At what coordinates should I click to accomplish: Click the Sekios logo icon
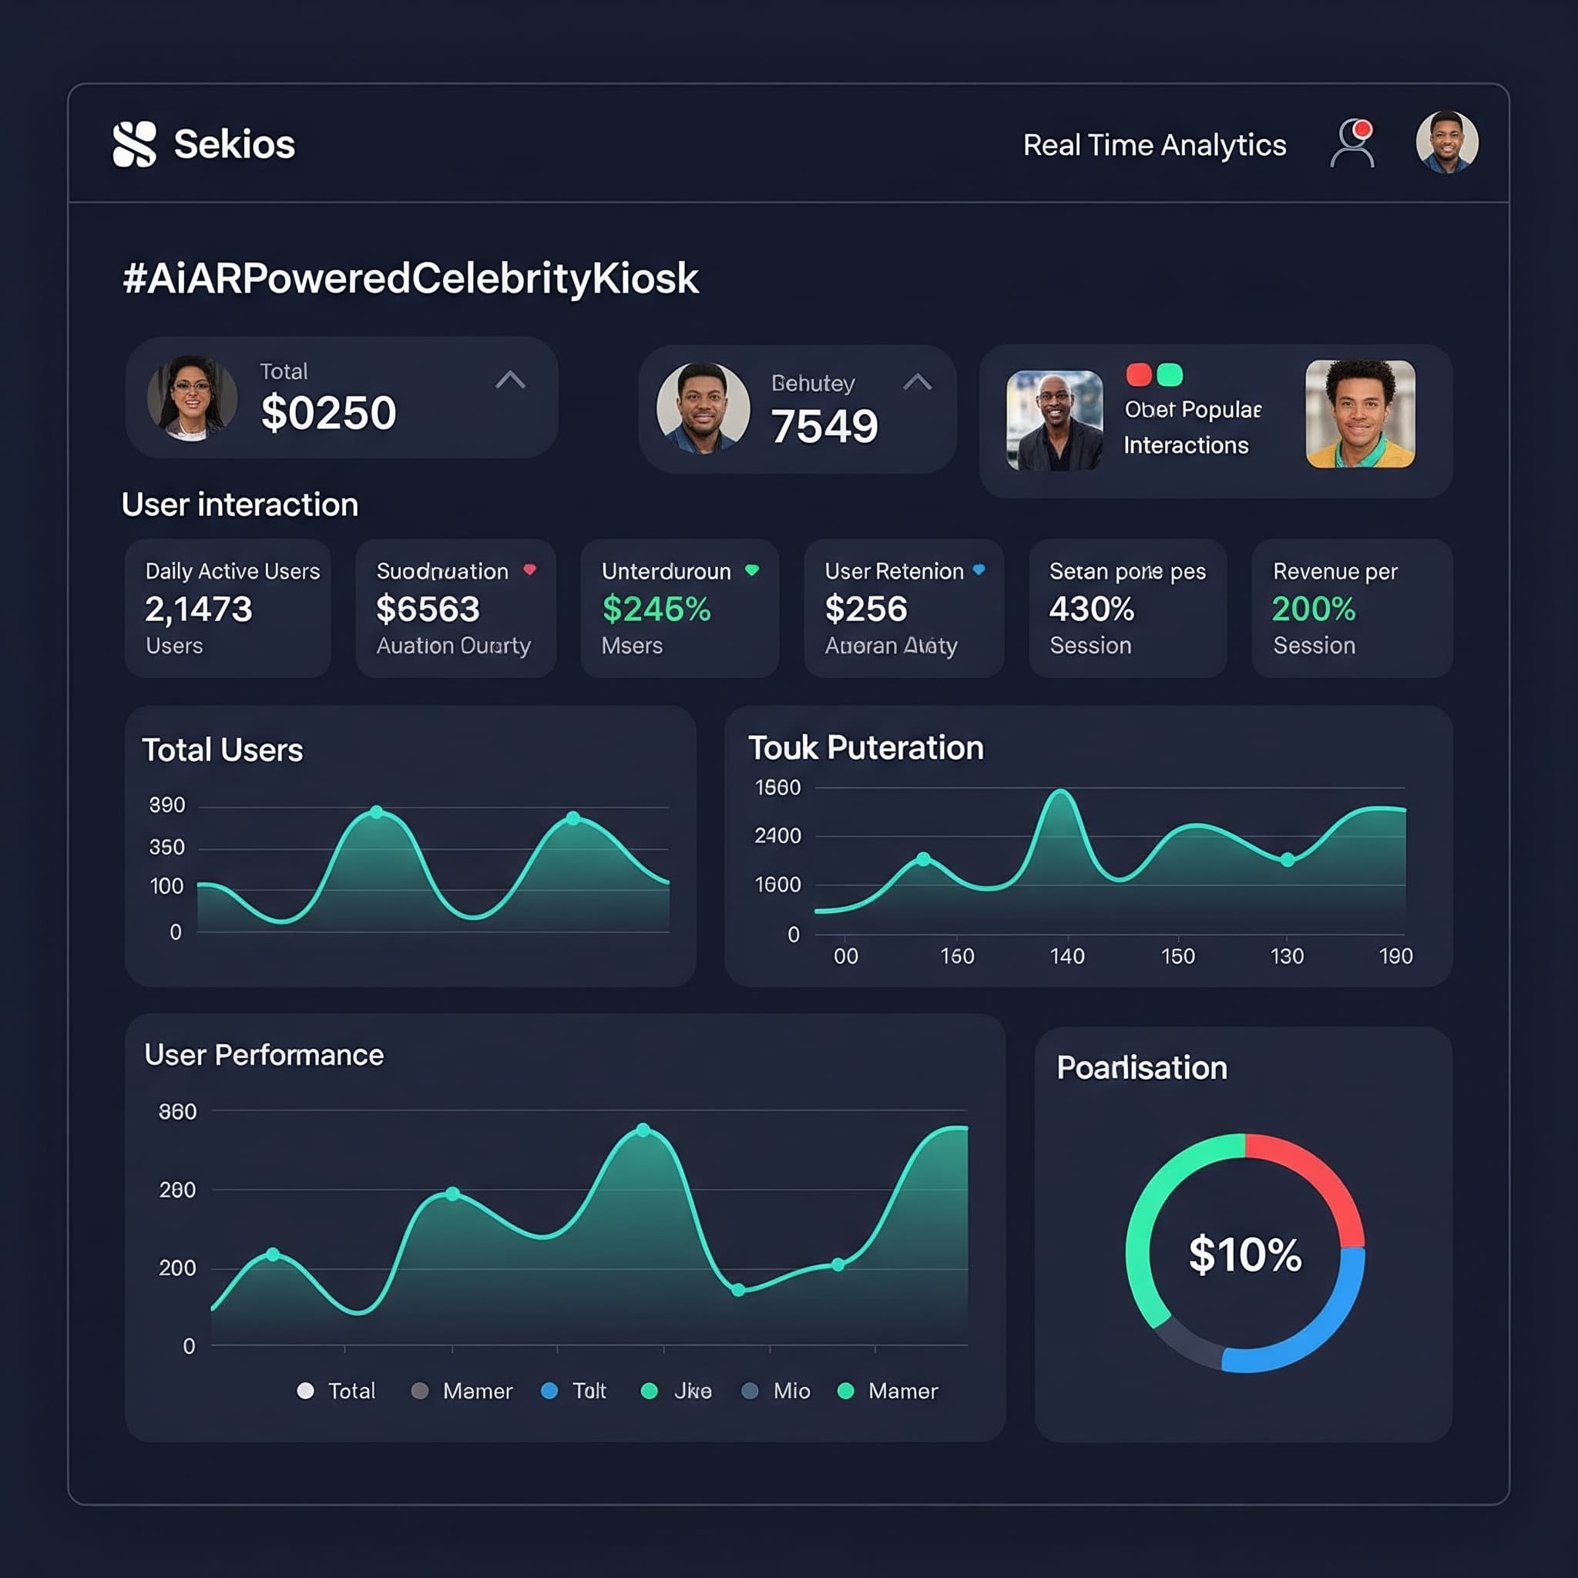(x=134, y=145)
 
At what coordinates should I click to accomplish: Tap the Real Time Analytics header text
(x=1154, y=146)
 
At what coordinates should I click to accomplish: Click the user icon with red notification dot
(x=1351, y=144)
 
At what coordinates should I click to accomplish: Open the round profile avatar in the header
(x=1446, y=142)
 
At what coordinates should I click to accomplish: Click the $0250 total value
(x=328, y=412)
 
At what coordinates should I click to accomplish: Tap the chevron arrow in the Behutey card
(x=917, y=381)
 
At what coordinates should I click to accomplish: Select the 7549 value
(x=824, y=426)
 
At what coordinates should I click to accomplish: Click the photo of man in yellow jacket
(x=1360, y=414)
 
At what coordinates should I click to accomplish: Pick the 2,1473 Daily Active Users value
(x=199, y=609)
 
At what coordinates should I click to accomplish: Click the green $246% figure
(x=656, y=609)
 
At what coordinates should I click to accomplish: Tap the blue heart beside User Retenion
(x=979, y=570)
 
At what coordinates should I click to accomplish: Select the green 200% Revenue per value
(x=1314, y=609)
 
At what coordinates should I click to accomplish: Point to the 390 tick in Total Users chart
(x=166, y=805)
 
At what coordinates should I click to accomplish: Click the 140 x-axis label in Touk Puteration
(x=1066, y=956)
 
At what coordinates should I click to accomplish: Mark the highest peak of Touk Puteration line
(x=1060, y=791)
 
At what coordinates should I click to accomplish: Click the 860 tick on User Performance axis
(x=177, y=1112)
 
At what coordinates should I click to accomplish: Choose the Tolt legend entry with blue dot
(x=575, y=1391)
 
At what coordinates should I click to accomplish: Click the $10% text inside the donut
(x=1245, y=1254)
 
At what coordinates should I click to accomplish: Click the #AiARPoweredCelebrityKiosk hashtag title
(x=410, y=278)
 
